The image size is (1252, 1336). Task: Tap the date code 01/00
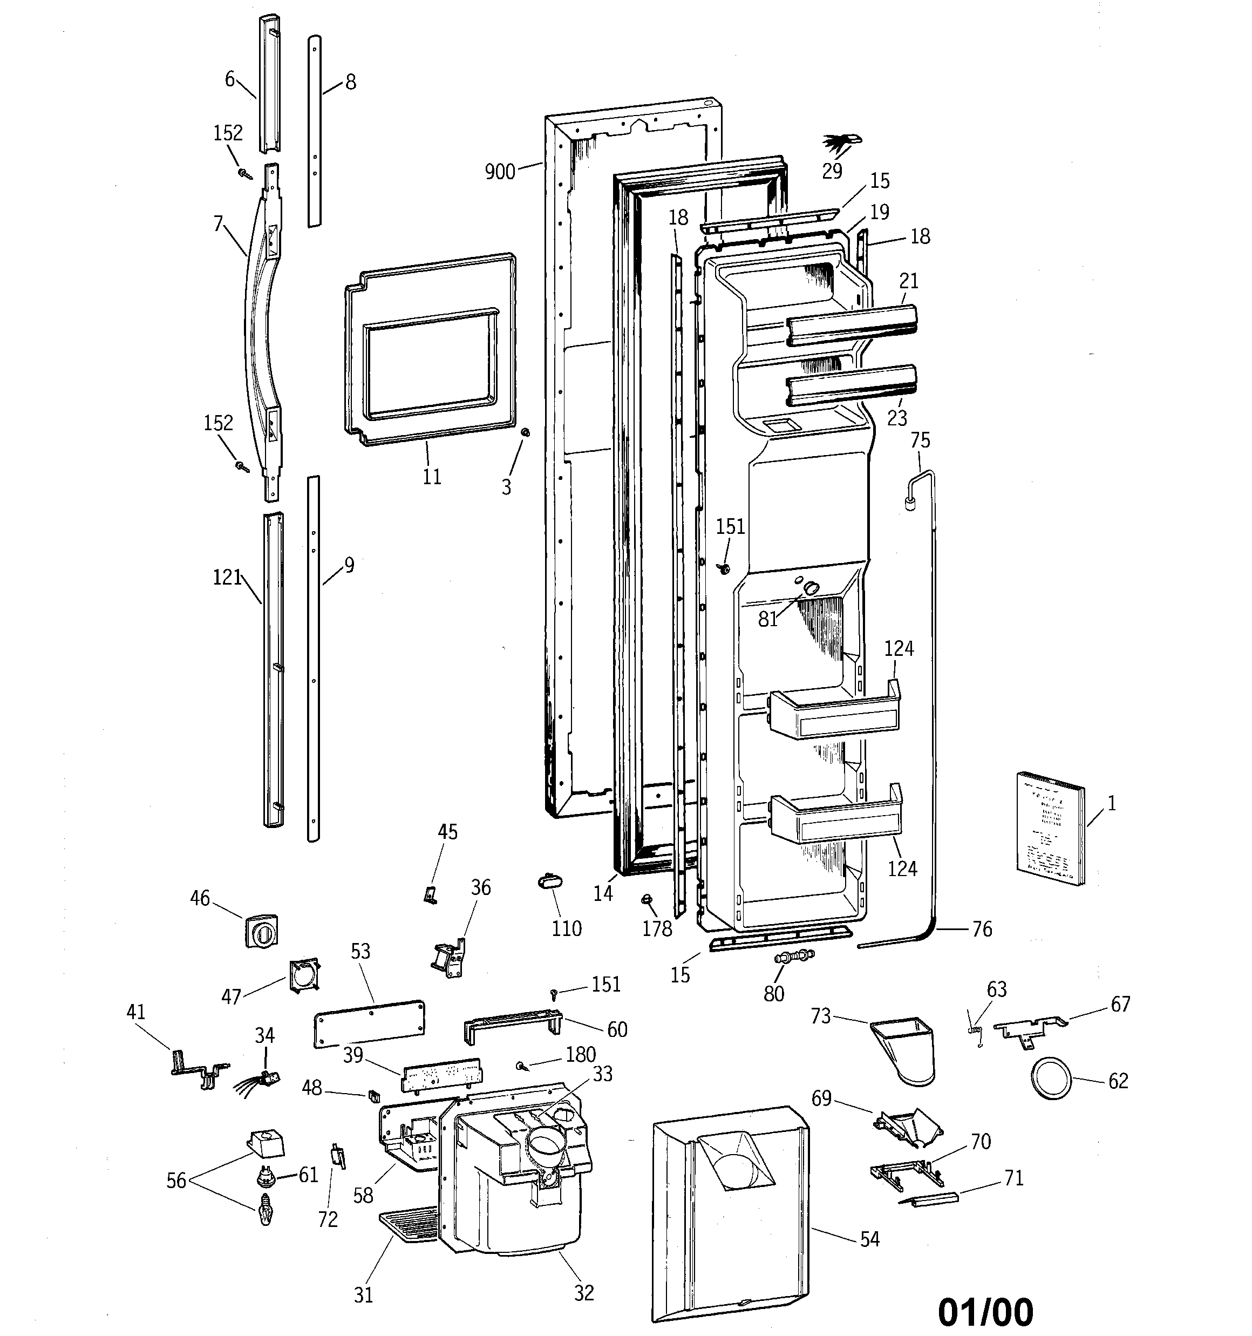(985, 1311)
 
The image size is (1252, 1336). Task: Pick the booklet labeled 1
(1050, 828)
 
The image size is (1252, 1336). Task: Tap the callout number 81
(767, 619)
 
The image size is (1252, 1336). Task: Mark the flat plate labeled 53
(369, 1022)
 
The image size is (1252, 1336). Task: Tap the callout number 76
(982, 929)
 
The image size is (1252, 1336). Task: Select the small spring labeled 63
(972, 1028)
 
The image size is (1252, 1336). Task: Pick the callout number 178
(657, 929)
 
